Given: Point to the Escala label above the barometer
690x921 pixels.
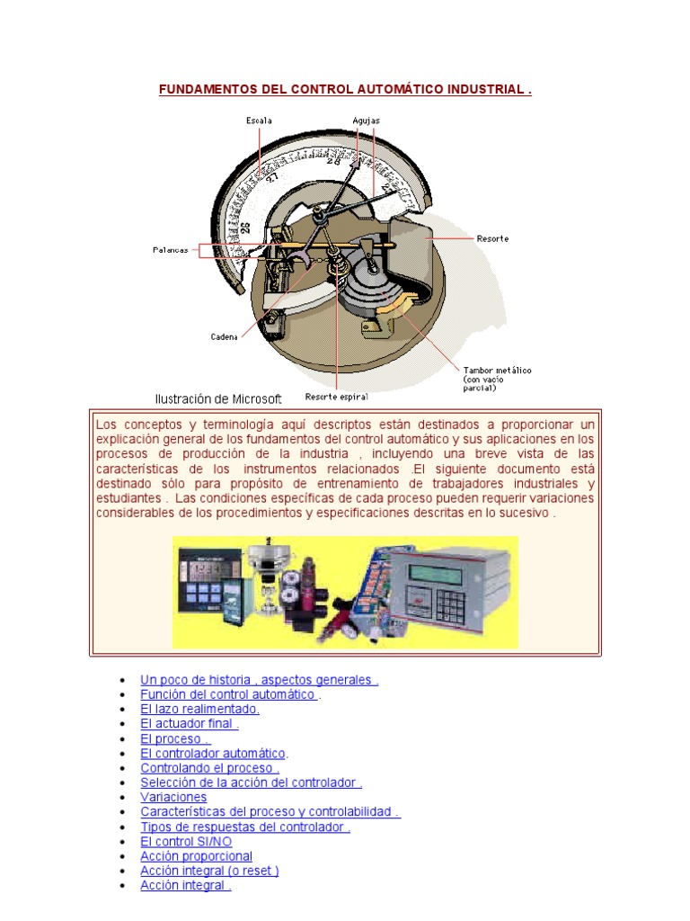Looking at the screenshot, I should (x=260, y=120).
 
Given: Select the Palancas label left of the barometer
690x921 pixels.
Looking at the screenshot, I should (x=170, y=250).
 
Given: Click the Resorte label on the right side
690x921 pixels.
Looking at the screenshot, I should (x=493, y=238).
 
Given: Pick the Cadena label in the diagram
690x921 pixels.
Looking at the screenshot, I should (x=224, y=336).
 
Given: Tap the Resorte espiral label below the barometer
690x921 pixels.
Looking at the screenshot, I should (x=336, y=396).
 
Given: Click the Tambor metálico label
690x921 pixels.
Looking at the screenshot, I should (x=497, y=371).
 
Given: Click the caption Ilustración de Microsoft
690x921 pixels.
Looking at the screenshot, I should (x=218, y=398).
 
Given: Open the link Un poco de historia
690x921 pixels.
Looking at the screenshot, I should (x=259, y=680).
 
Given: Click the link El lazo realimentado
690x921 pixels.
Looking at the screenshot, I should (x=199, y=709).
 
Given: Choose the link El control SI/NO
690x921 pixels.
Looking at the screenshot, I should (x=185, y=842).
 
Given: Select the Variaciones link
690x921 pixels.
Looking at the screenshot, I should (x=173, y=797).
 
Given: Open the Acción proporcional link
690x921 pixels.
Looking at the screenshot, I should (x=196, y=856).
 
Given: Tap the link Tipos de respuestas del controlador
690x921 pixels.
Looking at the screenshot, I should (x=244, y=827).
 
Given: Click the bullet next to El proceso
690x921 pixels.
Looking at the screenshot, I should (x=122, y=739).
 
